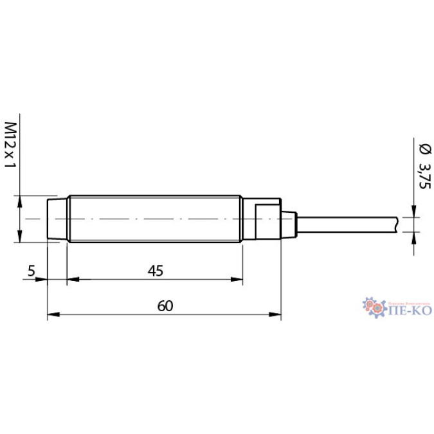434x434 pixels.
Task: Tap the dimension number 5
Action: pos(31,271)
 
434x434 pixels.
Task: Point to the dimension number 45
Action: pos(155,271)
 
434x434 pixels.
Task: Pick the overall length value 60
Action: pos(165,306)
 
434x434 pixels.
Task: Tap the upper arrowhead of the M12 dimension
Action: pos(19,200)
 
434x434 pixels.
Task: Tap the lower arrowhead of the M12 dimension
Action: pos(19,238)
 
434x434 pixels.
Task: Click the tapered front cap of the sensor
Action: pos(57,220)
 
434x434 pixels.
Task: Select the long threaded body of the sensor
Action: pos(154,220)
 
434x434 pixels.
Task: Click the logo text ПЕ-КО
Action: pos(406,311)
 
